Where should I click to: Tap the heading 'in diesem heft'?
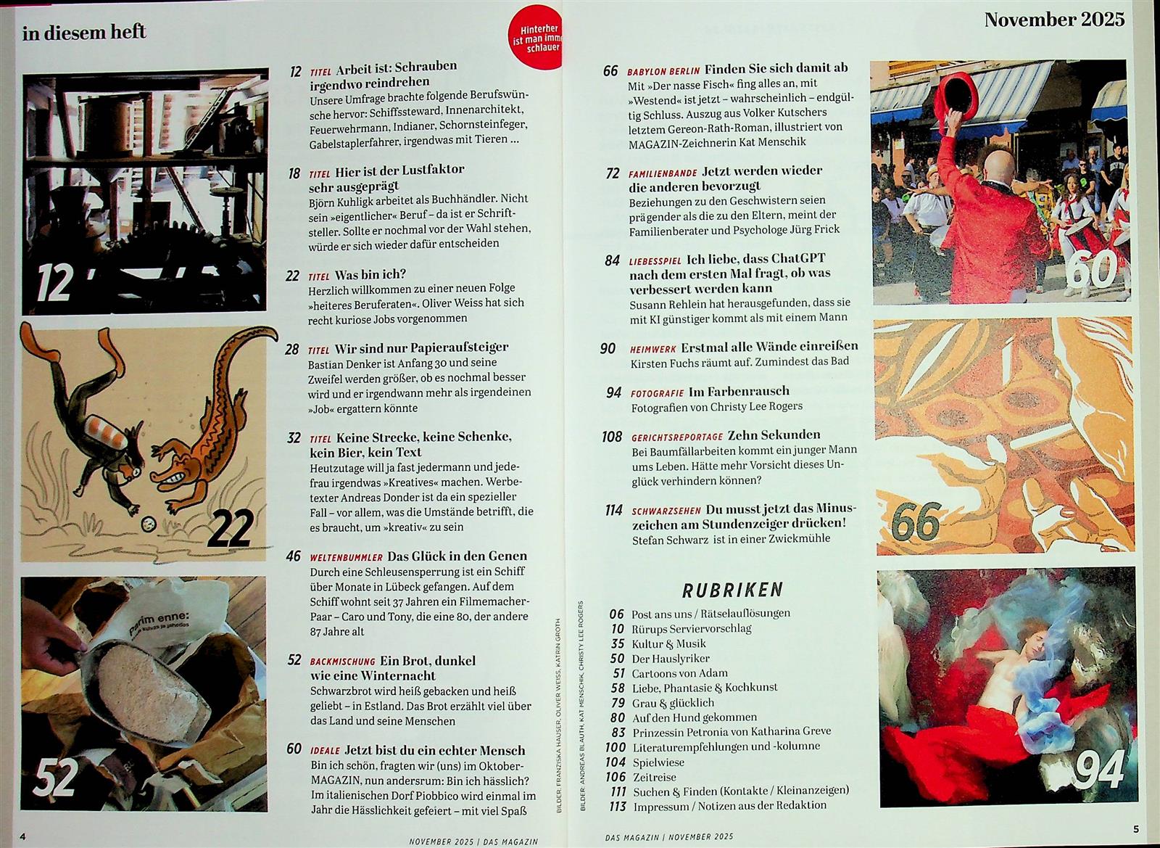(x=84, y=33)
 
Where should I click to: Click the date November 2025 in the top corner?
(x=1054, y=20)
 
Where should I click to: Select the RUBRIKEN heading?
(x=732, y=590)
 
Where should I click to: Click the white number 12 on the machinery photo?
(x=54, y=283)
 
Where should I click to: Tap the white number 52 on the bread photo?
(x=55, y=777)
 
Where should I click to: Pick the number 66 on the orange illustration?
(x=916, y=522)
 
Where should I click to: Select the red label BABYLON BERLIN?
(x=663, y=71)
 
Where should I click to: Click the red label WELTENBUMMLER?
(x=346, y=557)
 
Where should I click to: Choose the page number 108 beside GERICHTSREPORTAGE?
(x=612, y=437)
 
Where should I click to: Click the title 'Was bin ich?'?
(x=370, y=274)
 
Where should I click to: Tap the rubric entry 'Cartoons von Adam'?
(x=679, y=673)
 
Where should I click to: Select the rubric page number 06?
(x=616, y=614)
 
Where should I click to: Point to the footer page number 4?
(x=22, y=836)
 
